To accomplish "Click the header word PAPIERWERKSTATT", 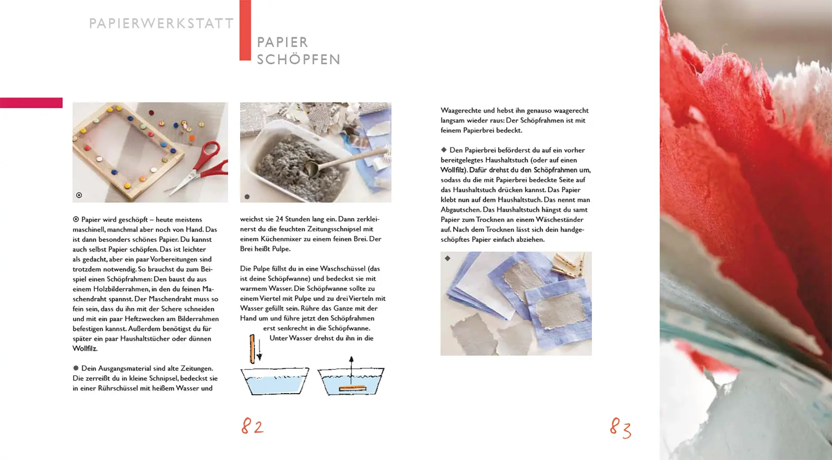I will (x=161, y=23).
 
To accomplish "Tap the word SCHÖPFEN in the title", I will (x=298, y=60).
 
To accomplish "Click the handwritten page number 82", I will (x=252, y=426).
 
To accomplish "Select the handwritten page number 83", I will (x=620, y=428).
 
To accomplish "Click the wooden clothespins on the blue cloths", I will (x=569, y=265).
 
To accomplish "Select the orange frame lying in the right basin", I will (x=352, y=388).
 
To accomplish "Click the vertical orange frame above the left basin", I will (x=252, y=349).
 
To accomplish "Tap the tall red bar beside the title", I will (x=245, y=30).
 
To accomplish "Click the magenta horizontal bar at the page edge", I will (x=31, y=103).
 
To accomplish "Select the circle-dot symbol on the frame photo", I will (x=79, y=195).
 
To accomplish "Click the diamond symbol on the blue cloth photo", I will (x=448, y=258).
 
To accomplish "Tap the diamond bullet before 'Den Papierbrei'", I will (x=444, y=150).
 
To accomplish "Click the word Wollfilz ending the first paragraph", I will (x=85, y=348).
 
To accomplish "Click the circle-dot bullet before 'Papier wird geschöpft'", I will (x=76, y=219).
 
